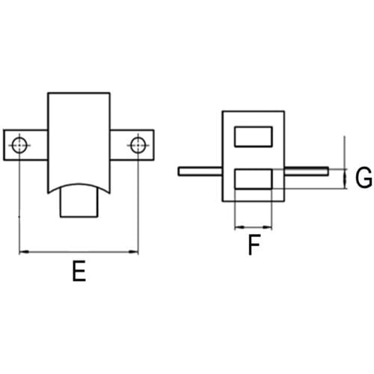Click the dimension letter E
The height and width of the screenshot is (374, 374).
79,271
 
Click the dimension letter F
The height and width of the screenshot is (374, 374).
254,245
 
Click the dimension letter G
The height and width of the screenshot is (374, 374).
364,177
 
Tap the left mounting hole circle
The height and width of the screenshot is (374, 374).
19,145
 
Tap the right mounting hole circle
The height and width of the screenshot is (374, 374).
138,145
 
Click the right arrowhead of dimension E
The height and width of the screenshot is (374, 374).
133,252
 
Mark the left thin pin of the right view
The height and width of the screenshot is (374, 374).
200,171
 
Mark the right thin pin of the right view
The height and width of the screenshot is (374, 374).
306,171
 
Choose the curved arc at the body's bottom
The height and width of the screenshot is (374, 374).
79,185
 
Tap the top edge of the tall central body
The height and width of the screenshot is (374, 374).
79,93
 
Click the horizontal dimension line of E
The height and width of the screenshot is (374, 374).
79,252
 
